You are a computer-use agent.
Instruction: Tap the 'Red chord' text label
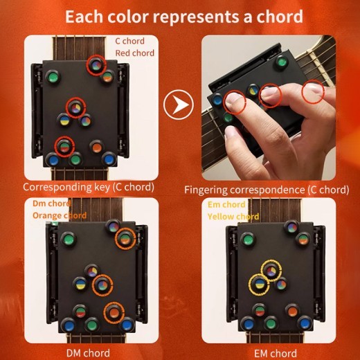134,53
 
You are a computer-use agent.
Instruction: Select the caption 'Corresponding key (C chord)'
88,188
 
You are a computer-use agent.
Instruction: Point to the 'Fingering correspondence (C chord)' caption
266,189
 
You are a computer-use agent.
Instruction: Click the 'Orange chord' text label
60,215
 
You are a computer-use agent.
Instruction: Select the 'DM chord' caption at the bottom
89,354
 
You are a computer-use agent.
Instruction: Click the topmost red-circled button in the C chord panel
95,66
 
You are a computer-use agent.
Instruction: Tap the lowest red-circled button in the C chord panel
64,146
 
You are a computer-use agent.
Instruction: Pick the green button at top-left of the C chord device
53,77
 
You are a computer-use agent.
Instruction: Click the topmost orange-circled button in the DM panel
124,239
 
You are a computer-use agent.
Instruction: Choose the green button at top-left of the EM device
248,240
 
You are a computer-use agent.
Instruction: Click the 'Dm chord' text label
52,204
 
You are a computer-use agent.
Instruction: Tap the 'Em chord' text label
226,205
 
